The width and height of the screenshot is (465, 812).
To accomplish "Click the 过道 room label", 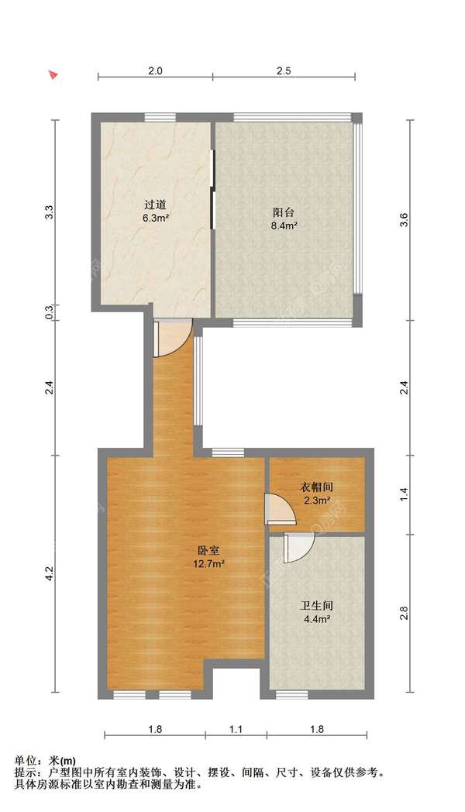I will [x=155, y=205].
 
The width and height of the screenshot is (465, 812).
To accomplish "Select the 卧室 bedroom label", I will [x=208, y=552].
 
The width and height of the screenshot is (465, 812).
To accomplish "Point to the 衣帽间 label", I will [x=316, y=487].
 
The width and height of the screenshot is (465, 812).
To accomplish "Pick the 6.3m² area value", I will [x=155, y=218].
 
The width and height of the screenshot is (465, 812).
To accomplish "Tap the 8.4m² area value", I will [x=284, y=226].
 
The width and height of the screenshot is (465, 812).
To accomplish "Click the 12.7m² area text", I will [x=208, y=564].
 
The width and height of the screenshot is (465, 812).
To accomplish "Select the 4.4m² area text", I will [x=316, y=619].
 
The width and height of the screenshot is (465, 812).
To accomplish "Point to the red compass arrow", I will [x=53, y=74].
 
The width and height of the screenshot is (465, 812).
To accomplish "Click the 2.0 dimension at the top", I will [x=155, y=71].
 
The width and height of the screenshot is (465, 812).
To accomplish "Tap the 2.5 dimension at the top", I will [x=283, y=71].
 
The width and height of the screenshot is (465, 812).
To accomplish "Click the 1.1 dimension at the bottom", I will [x=236, y=729].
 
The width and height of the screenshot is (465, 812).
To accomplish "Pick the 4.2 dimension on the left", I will [x=49, y=574].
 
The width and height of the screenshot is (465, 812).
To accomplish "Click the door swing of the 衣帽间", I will [x=277, y=510].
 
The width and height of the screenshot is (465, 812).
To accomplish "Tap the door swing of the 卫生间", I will [x=298, y=548].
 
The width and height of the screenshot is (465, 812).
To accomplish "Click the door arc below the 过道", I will [x=172, y=339].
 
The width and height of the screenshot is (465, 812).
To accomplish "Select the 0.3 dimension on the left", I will [x=49, y=312].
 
